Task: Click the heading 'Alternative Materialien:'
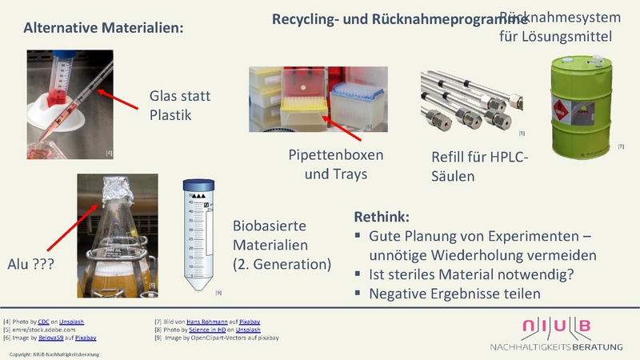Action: (x=104, y=28)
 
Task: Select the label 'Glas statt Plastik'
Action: (x=180, y=106)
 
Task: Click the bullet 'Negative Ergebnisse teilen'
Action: (x=454, y=294)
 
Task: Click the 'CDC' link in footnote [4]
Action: (x=43, y=321)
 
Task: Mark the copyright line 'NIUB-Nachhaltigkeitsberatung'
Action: (x=54, y=354)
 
